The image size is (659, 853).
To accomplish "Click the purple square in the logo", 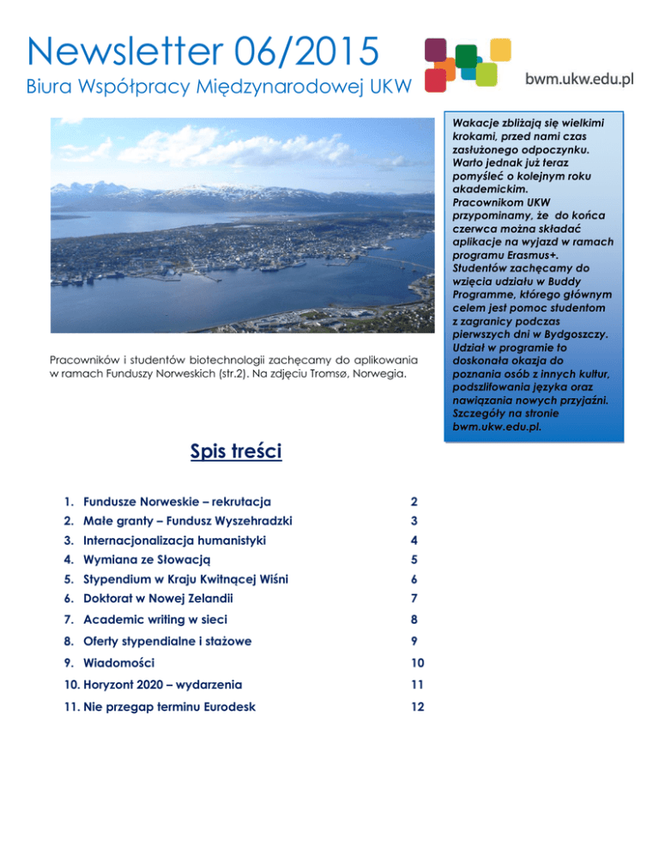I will tap(437, 49).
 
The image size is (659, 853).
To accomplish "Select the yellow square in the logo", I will tap(487, 74).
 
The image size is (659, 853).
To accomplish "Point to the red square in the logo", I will tap(436, 80).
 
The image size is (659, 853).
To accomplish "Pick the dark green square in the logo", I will tap(466, 56).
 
